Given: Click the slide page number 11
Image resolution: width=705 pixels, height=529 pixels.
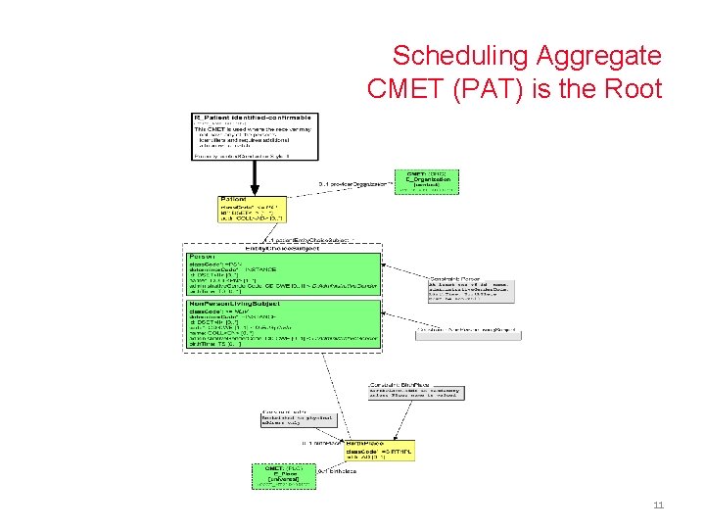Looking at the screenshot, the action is pos(658,505).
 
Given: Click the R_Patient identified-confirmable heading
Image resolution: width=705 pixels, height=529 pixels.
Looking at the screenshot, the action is pos(253,118).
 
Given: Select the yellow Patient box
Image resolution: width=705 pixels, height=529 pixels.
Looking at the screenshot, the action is pos(250,208).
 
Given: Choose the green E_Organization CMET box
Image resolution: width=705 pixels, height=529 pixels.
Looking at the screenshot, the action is pos(425,181).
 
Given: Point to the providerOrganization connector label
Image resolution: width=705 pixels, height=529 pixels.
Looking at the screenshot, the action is pos(352,183).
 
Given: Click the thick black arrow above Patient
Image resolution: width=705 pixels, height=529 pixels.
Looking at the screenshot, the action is pos(255,176).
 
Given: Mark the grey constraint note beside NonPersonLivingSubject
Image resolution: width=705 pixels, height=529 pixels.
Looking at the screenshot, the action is pos(468,334).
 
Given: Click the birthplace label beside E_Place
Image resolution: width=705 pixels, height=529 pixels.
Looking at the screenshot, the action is pos(337,471).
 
